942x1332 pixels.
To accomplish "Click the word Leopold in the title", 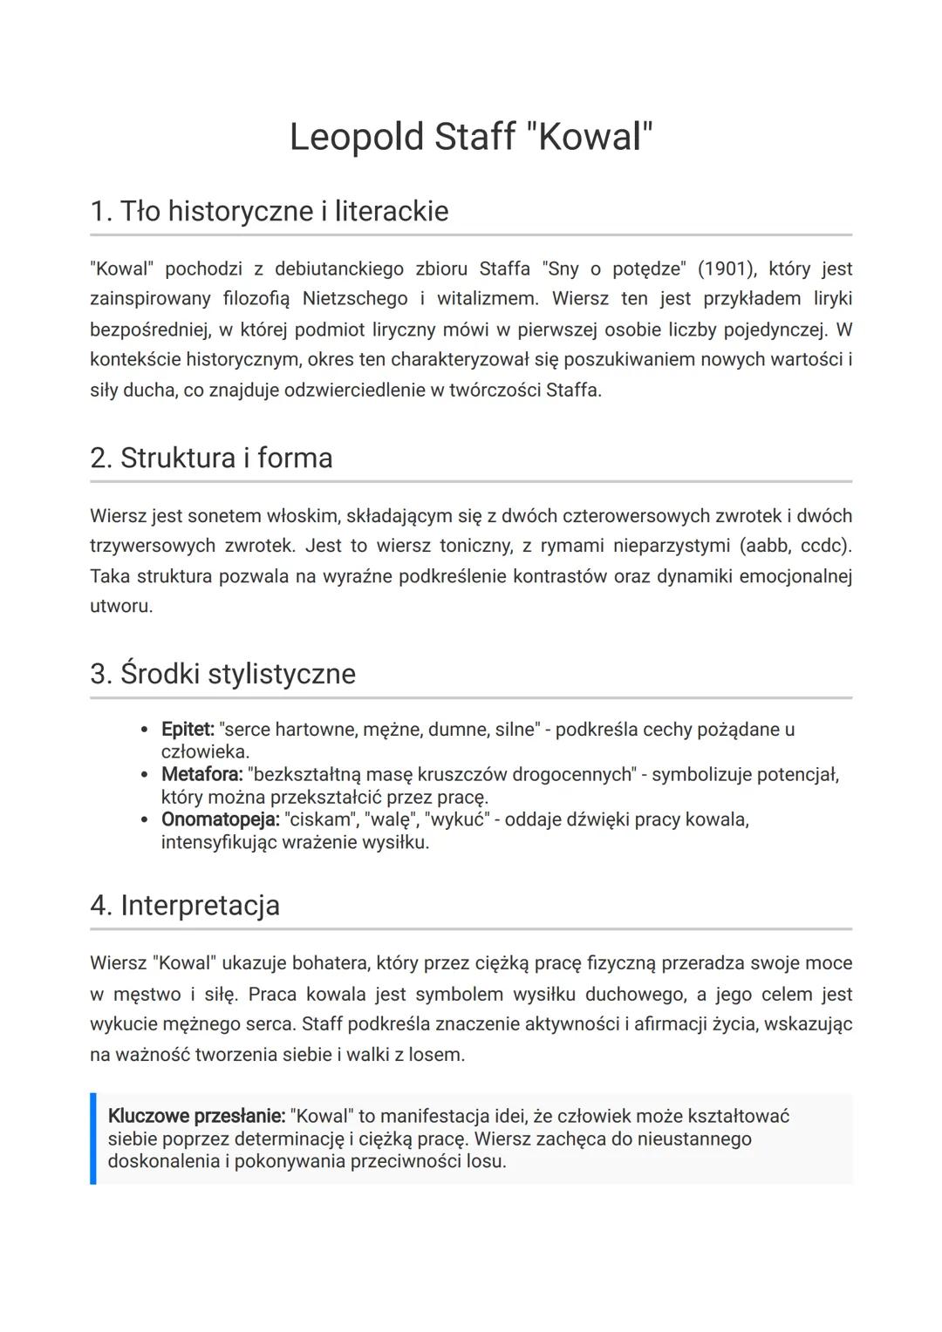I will click(355, 138).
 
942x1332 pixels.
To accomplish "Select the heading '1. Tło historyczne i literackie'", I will click(269, 211).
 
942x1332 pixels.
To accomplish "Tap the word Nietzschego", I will click(355, 299).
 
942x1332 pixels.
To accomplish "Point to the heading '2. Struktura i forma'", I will click(211, 459).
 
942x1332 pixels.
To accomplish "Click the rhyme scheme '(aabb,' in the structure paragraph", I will click(767, 546).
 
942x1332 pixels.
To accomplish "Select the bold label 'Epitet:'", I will click(188, 730).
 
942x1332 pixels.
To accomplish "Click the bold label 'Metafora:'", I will click(201, 775).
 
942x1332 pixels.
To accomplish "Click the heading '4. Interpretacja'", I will click(185, 906).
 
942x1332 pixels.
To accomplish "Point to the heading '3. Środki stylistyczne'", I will click(222, 675).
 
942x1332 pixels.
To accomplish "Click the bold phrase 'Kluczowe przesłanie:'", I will click(196, 1117).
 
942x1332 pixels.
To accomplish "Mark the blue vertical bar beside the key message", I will click(92, 1138).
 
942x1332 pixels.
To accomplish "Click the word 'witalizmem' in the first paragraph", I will click(486, 299).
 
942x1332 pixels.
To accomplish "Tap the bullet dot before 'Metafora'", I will click(145, 775).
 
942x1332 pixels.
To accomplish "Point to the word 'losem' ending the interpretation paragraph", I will click(439, 1055).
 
